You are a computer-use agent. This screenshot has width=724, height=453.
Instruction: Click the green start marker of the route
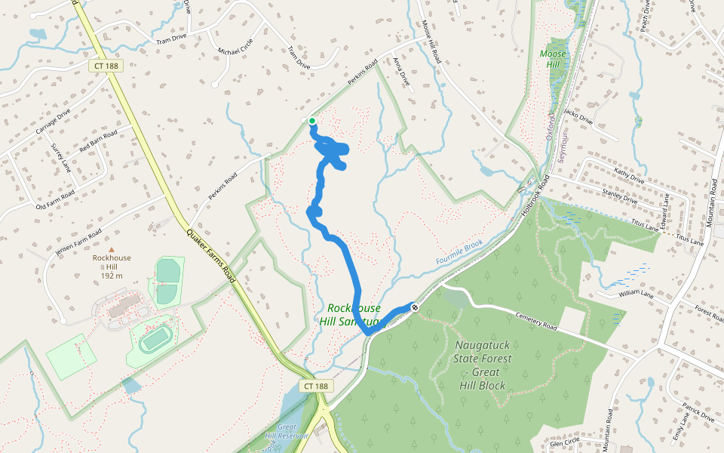(x=311, y=120)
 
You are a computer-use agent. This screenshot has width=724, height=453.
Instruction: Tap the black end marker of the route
(x=415, y=307)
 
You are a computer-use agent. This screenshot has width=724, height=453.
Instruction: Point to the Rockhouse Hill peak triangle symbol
(x=112, y=249)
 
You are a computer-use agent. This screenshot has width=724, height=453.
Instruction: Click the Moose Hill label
(x=553, y=59)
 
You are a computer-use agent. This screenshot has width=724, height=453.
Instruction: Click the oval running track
(x=155, y=341)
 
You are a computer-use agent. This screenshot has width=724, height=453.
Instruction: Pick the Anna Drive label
(x=402, y=72)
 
